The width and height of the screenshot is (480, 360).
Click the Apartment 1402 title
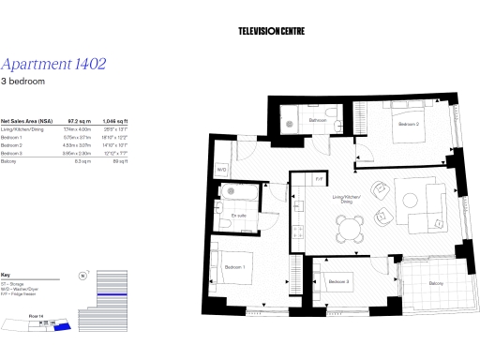(53, 65)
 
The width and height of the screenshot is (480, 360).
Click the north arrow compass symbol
(83, 277)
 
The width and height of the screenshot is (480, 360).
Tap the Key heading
(6, 264)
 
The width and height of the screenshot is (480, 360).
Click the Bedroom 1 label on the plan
(235, 268)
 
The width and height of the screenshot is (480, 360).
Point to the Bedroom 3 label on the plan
(338, 282)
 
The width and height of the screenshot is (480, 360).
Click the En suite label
(239, 216)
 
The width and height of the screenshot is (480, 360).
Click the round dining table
(349, 225)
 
